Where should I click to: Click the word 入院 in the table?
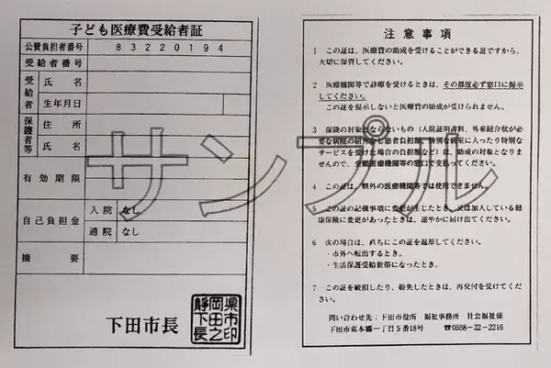click(x=99, y=210)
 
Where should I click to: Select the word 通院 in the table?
click(x=99, y=233)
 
